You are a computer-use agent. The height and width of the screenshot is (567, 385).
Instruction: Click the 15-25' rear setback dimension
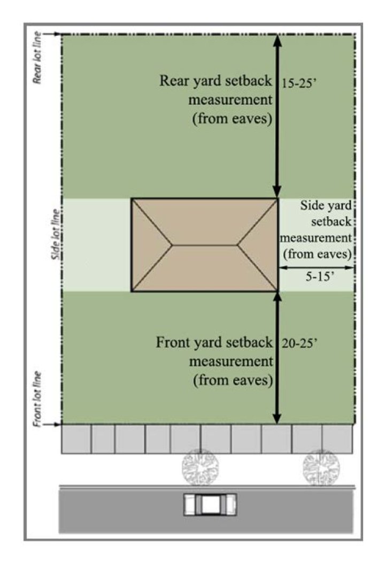299,84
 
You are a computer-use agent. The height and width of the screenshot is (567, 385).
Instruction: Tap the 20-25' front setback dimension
299,343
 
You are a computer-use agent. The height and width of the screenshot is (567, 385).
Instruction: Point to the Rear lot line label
37,58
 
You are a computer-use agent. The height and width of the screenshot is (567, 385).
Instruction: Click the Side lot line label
56,234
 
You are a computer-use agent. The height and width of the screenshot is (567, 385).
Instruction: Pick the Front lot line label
37,399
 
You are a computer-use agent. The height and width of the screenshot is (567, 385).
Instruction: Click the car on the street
210,504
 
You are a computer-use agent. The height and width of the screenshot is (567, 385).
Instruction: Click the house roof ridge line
205,246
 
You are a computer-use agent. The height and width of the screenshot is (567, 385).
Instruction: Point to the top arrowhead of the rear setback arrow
277,41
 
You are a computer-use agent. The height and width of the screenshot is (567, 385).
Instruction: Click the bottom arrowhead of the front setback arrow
277,418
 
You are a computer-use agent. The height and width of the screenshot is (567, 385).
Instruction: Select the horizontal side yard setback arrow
317,267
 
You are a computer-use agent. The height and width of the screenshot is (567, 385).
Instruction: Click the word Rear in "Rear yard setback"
174,81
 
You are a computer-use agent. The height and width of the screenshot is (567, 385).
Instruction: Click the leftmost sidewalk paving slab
76,439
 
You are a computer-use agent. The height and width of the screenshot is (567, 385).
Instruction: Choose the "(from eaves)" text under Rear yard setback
232,119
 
